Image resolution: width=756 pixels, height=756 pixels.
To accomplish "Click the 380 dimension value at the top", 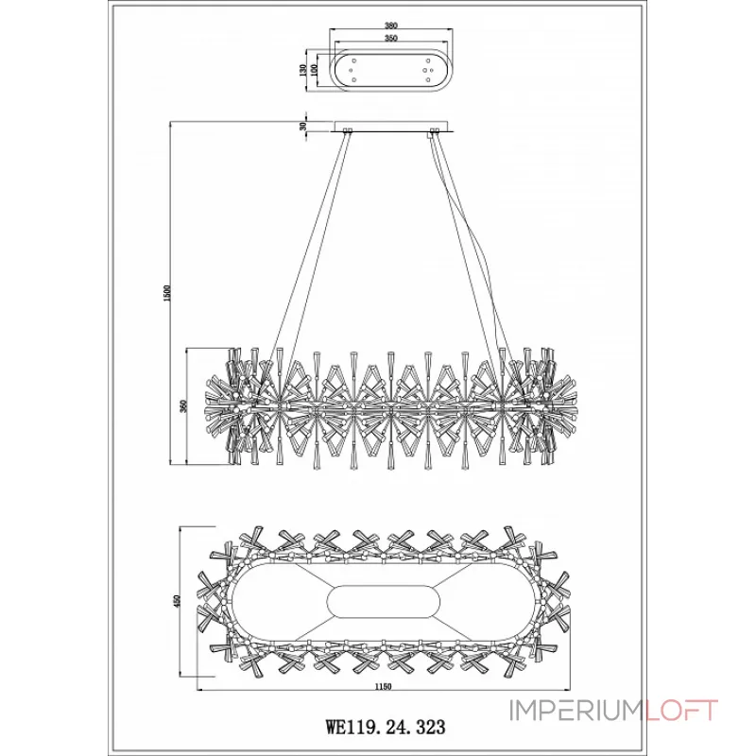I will click(390, 27).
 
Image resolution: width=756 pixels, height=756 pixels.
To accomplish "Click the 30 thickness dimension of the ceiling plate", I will click(303, 125).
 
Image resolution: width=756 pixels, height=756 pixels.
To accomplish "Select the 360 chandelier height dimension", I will click(185, 407).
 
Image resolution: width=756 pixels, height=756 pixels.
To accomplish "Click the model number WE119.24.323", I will click(385, 728).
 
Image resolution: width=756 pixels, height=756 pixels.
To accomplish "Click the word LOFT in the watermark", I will click(682, 711).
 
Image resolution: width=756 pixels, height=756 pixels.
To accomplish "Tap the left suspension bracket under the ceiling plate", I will click(347, 132).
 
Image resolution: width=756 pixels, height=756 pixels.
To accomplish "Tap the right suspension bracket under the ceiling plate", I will click(435, 132).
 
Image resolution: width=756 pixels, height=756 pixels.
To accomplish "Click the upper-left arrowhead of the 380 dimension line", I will click(332, 31).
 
